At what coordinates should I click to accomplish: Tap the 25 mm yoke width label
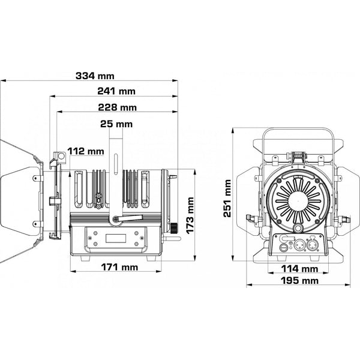[x=118, y=124]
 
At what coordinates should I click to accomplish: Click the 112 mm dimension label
[x=85, y=151]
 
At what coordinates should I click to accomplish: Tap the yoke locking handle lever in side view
[x=129, y=219]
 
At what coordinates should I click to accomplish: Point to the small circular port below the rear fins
[x=298, y=229]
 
